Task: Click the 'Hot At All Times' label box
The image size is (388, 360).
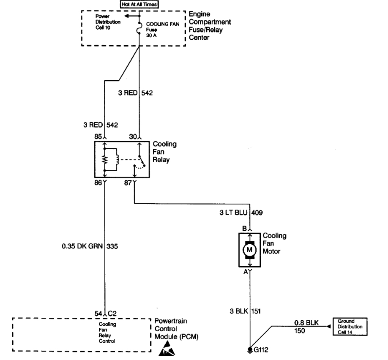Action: point(139,4)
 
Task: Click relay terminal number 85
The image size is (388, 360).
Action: point(97,136)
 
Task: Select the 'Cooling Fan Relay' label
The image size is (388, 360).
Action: point(165,152)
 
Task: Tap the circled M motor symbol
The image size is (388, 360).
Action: point(249,249)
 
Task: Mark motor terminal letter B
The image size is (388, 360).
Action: point(244,229)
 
